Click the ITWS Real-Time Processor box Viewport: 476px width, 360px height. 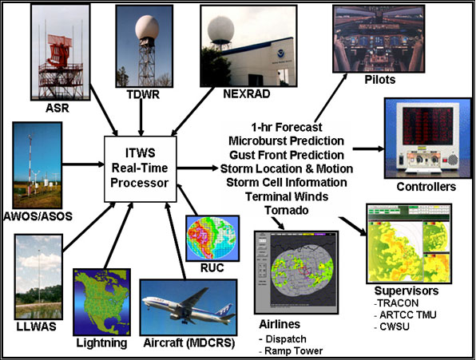(x=141, y=169)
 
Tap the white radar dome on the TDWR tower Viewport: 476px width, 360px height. (x=147, y=28)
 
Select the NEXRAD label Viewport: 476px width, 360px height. (x=247, y=94)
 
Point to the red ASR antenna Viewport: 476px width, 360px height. (x=61, y=50)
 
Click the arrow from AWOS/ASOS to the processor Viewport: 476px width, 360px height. (x=83, y=164)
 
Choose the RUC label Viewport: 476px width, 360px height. (x=212, y=267)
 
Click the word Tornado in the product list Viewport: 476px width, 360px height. (x=287, y=210)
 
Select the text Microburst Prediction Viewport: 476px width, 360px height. (x=286, y=141)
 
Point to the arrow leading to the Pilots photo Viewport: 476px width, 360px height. (x=331, y=97)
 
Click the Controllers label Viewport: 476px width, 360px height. (x=426, y=187)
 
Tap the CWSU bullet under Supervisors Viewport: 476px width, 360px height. (x=392, y=326)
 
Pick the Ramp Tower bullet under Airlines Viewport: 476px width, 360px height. (x=291, y=351)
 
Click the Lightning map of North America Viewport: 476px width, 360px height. (x=101, y=302)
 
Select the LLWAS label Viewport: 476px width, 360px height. (x=37, y=326)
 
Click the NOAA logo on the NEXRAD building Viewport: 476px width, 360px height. (x=280, y=54)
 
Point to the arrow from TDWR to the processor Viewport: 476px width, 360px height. (x=141, y=117)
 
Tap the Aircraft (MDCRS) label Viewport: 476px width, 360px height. (x=188, y=343)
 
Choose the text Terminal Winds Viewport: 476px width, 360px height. (x=287, y=196)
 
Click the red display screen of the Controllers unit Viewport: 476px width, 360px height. (x=426, y=125)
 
